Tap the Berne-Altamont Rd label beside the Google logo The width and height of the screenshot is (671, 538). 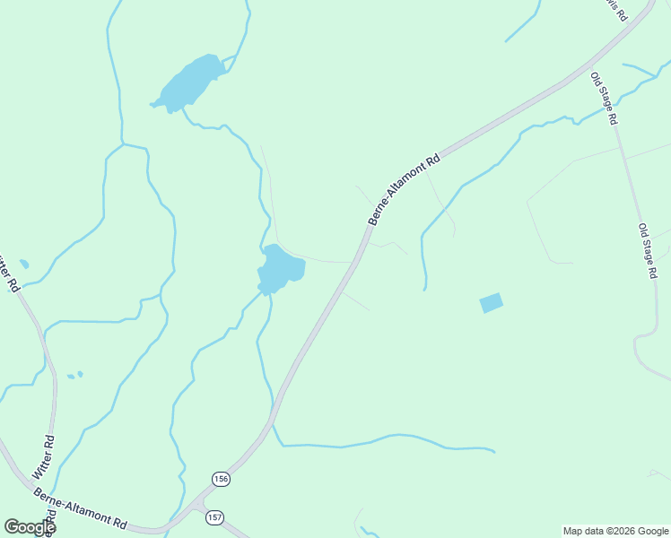[x=81, y=508]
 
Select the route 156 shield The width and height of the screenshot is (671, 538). [x=221, y=480]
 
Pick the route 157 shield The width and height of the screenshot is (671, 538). [x=213, y=518]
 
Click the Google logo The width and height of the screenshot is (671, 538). [x=30, y=527]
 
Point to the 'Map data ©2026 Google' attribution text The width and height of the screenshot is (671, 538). [x=614, y=531]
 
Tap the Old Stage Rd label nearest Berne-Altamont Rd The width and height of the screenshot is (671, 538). [x=605, y=99]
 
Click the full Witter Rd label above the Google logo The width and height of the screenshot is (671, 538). [x=43, y=456]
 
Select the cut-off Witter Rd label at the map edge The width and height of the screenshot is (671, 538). [x=7, y=273]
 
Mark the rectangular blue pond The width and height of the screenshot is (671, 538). [x=492, y=303]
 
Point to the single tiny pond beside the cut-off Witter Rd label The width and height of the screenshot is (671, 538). [x=23, y=264]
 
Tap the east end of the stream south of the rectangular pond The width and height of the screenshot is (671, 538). [x=493, y=450]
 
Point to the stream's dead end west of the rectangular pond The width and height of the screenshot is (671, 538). [x=424, y=290]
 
